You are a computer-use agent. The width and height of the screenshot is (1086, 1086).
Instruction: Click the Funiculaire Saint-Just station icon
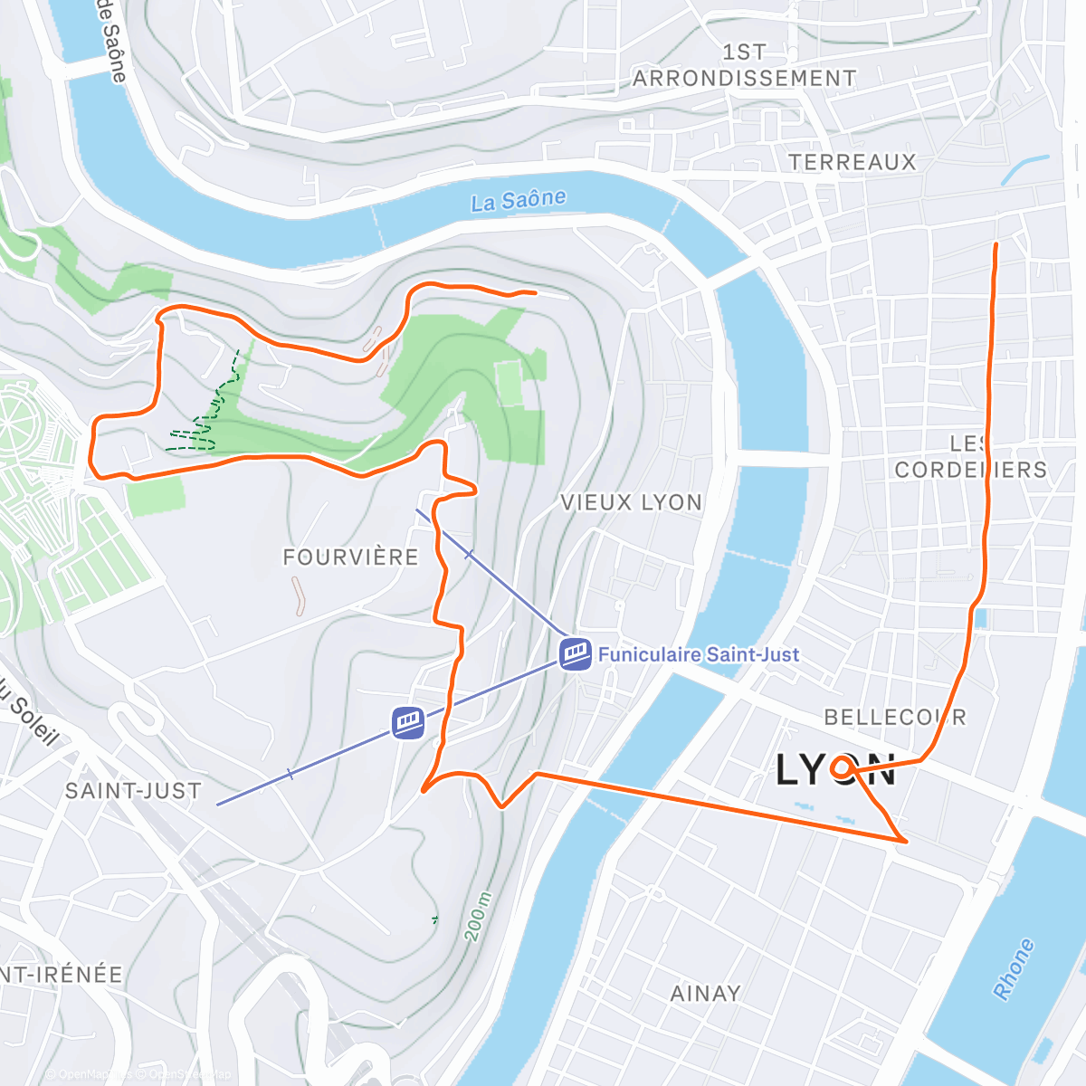coord(576,653)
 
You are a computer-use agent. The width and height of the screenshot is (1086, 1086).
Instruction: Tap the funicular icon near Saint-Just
coord(409,722)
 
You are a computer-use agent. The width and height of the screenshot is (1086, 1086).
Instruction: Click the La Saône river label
coord(519,200)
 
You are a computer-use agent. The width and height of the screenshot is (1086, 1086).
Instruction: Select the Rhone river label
coord(1014,969)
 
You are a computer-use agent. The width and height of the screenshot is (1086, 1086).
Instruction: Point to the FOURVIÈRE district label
coord(351,557)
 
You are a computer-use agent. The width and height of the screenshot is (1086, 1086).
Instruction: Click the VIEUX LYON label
coord(631,503)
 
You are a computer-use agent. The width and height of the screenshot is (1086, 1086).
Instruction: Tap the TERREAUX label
coord(852,162)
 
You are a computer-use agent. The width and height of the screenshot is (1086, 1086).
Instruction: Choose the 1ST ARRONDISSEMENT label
coord(744,66)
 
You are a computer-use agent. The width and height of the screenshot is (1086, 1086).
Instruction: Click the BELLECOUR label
coord(894,718)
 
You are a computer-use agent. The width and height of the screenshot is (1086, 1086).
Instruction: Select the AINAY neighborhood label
coord(705,994)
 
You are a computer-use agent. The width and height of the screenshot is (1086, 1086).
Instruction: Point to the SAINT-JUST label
coord(133,791)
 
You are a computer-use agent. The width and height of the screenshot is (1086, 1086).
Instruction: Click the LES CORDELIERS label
coord(970,457)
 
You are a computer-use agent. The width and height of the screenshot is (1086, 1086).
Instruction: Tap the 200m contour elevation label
coord(479,917)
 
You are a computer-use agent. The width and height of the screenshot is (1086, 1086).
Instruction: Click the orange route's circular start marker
coord(843,768)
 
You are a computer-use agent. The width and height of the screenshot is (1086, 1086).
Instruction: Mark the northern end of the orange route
coord(996,245)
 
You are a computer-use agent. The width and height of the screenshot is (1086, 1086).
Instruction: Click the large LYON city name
coord(834,771)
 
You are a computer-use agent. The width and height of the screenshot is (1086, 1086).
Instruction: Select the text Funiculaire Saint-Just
coord(698,654)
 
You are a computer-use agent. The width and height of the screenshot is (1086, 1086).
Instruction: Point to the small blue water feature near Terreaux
coord(1024,169)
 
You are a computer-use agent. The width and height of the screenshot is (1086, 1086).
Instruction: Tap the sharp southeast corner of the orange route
coord(904,842)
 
